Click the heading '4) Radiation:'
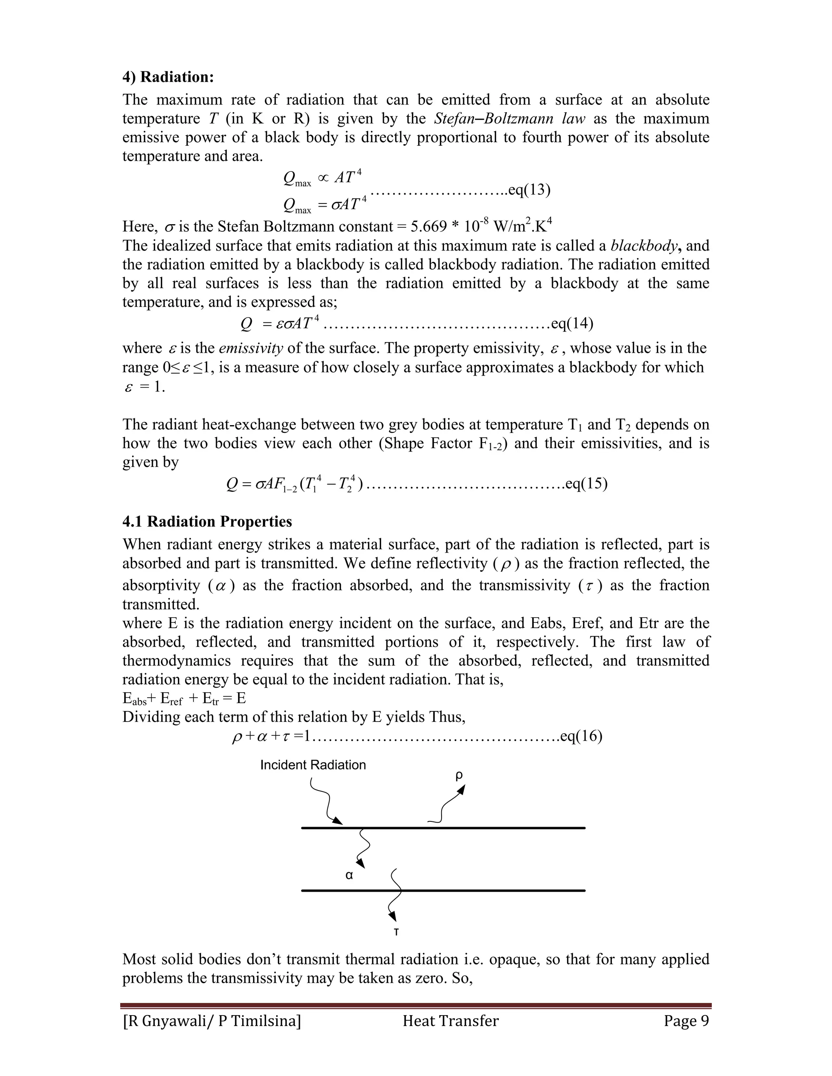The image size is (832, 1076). click(168, 77)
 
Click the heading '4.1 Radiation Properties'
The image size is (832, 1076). click(207, 522)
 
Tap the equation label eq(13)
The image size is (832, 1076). click(529, 190)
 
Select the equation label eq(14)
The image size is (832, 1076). click(572, 324)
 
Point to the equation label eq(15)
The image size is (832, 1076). click(586, 484)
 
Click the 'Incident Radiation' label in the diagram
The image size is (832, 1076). click(313, 765)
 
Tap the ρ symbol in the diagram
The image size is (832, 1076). click(459, 776)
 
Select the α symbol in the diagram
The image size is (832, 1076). click(349, 875)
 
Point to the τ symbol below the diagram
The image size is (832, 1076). click(396, 932)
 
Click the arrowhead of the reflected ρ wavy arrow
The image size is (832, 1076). click(462, 789)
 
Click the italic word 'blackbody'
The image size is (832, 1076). click(643, 246)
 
